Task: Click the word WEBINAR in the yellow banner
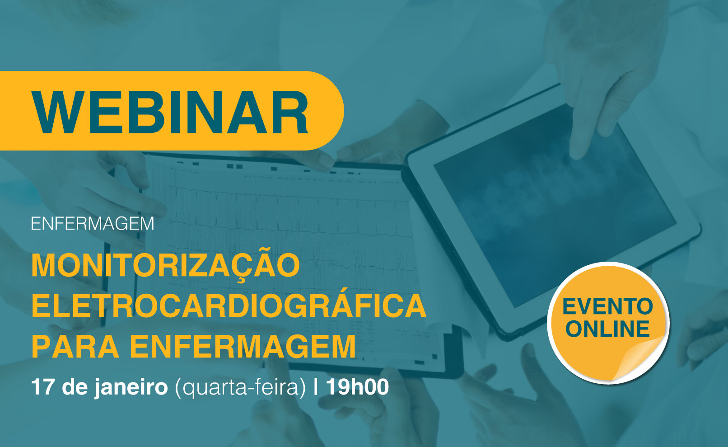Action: [x=169, y=112]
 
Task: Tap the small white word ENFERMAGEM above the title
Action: [x=92, y=224]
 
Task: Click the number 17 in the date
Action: [x=42, y=387]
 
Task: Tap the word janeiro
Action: [x=131, y=388]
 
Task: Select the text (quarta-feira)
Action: [x=240, y=388]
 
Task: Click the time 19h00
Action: [x=358, y=387]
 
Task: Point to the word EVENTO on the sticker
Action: [x=607, y=306]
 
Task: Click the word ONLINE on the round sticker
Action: [x=607, y=329]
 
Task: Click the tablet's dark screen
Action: [x=552, y=208]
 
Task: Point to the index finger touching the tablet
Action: [x=582, y=130]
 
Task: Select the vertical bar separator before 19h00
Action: [x=316, y=387]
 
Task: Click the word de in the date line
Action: [x=75, y=387]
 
